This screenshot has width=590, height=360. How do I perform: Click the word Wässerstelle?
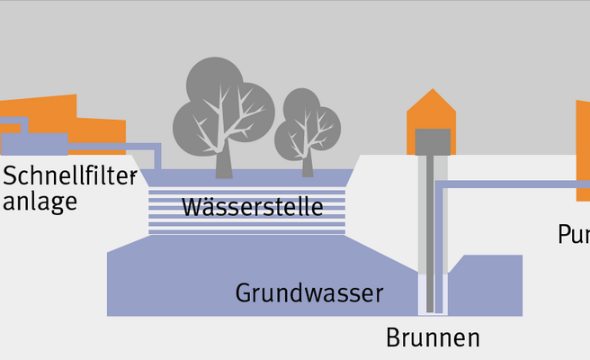[252, 208]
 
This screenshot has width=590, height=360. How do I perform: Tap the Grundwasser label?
[309, 292]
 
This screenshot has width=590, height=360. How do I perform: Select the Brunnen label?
[433, 338]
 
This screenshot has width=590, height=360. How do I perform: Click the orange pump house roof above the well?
[432, 112]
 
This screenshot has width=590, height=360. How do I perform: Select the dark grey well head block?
[432, 141]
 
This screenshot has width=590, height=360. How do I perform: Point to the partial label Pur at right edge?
[573, 235]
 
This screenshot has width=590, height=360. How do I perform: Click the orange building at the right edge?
[583, 148]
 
